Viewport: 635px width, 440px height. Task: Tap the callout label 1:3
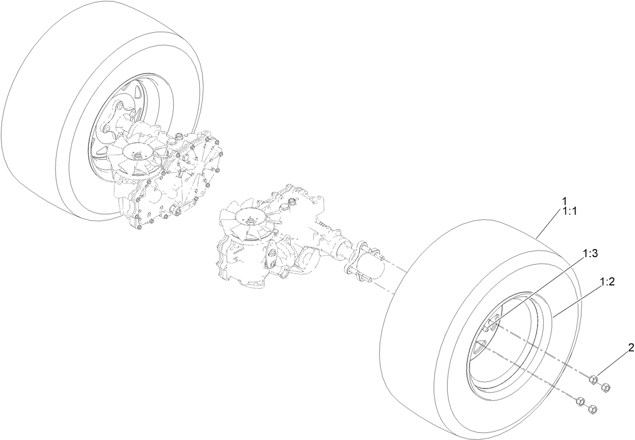pos(590,254)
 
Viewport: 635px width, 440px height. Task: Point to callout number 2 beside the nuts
pos(630,348)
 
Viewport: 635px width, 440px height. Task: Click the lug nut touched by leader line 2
pos(594,379)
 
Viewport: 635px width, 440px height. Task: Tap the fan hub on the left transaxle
pos(136,151)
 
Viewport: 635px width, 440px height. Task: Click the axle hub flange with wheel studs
pos(359,261)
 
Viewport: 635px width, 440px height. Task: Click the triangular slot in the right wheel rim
pos(480,348)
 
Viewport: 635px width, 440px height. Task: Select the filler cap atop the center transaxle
pos(291,205)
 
